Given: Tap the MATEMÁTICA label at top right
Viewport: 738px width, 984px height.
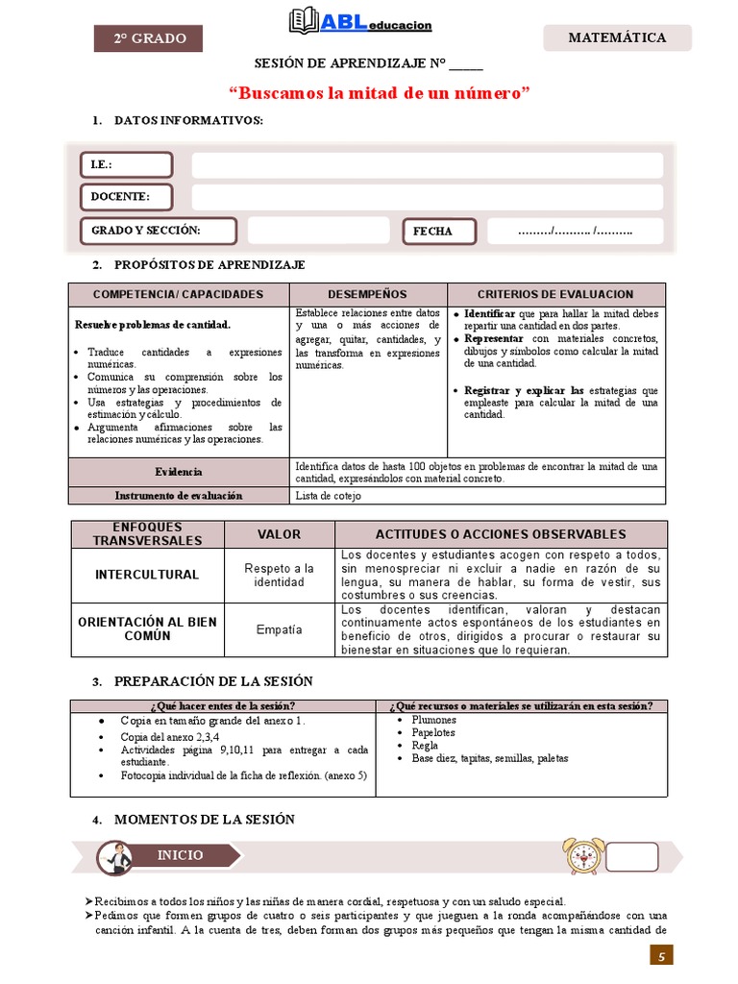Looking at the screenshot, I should click(617, 38).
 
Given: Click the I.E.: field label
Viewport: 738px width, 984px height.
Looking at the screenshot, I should click(126, 165).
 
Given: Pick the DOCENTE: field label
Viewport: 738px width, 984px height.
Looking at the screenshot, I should click(126, 197).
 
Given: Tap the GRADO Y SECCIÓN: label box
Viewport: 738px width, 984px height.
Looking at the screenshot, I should click(159, 231).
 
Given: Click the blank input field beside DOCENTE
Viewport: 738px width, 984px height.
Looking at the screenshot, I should click(427, 197).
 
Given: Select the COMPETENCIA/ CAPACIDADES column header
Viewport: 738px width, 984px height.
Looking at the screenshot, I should click(178, 294).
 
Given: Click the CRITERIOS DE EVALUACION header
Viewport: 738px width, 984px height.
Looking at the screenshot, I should click(555, 294).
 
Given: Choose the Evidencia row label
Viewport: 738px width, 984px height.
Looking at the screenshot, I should click(178, 472).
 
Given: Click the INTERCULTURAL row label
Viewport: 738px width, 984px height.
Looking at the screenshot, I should click(146, 575).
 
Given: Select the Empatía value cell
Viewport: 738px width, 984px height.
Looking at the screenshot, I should click(279, 630).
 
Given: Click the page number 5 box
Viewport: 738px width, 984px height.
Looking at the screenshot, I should click(661, 955).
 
